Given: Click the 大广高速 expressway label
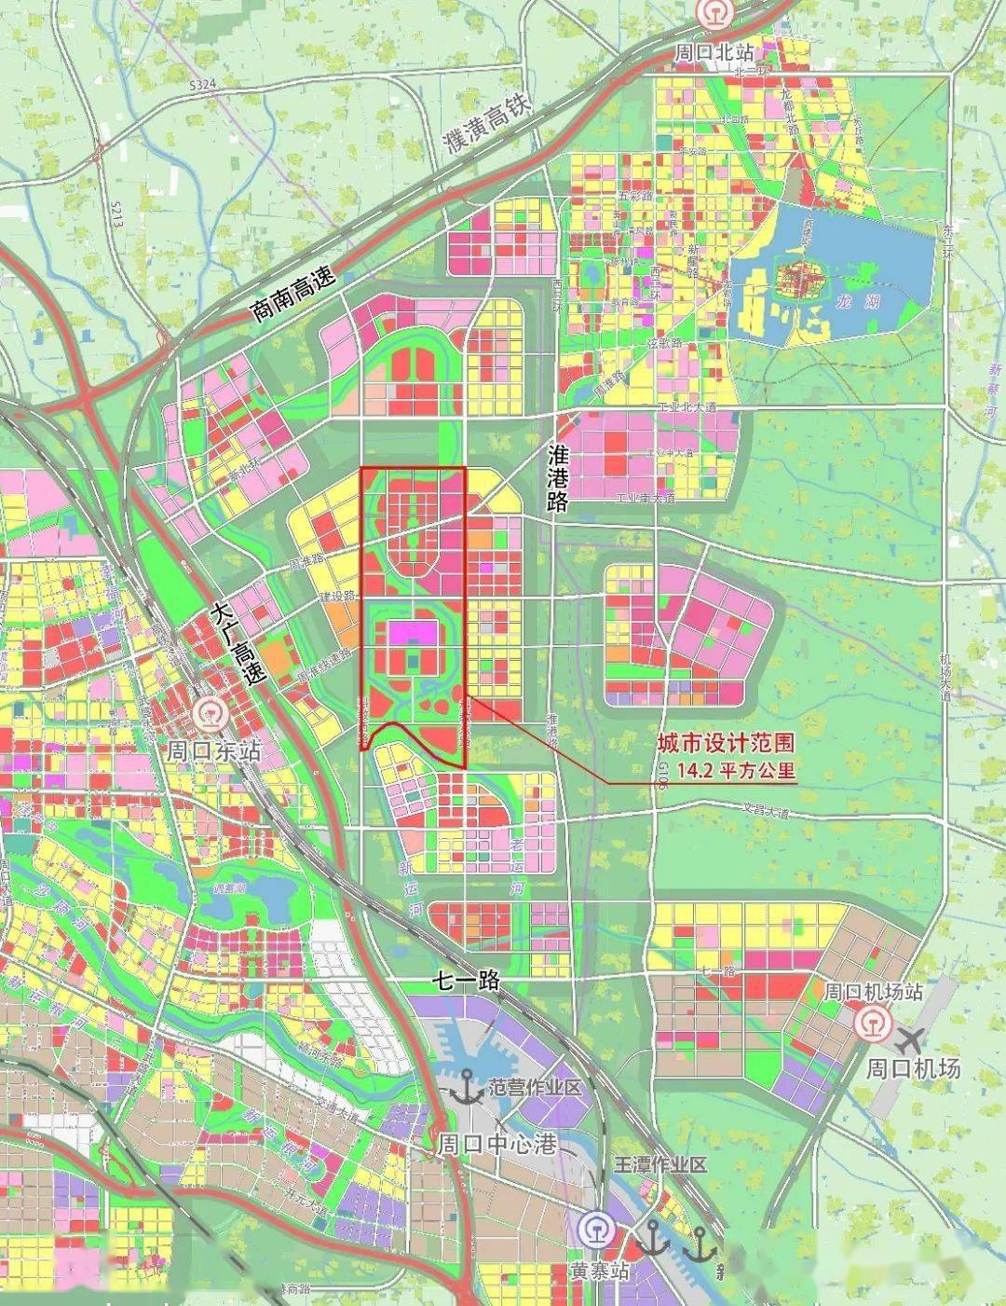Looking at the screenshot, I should tap(237, 644).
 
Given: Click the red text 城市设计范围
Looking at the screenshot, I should tap(726, 743).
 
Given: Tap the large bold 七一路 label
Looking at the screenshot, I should tap(467, 980).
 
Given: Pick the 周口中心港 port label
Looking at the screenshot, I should tap(496, 1144).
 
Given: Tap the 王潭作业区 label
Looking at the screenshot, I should tap(660, 1164).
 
